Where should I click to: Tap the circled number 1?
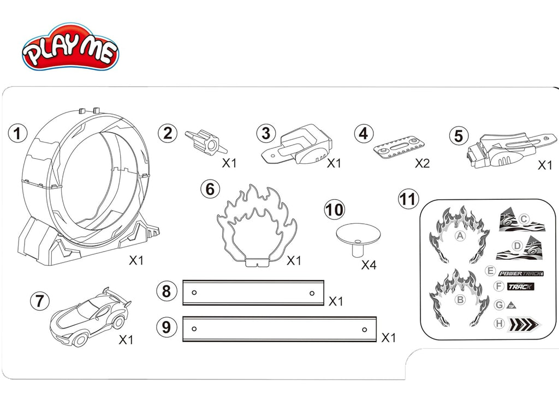[19, 133]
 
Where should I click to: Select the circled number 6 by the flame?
[210, 189]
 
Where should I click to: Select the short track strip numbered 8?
[253, 293]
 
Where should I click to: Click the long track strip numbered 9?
[279, 329]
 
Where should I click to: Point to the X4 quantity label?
[369, 266]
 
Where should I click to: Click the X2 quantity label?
[422, 163]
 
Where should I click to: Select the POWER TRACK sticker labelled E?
[517, 272]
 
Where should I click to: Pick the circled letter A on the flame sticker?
[460, 236]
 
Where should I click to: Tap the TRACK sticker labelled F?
[520, 287]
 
